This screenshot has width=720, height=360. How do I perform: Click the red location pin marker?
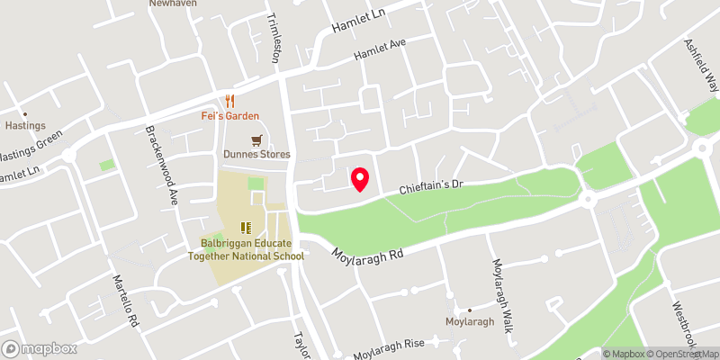361,179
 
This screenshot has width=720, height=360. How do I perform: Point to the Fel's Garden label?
229,116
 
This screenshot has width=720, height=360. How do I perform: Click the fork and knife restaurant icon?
229,101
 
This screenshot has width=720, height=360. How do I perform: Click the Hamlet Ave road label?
381,44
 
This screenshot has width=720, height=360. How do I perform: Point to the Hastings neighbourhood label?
25,127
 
